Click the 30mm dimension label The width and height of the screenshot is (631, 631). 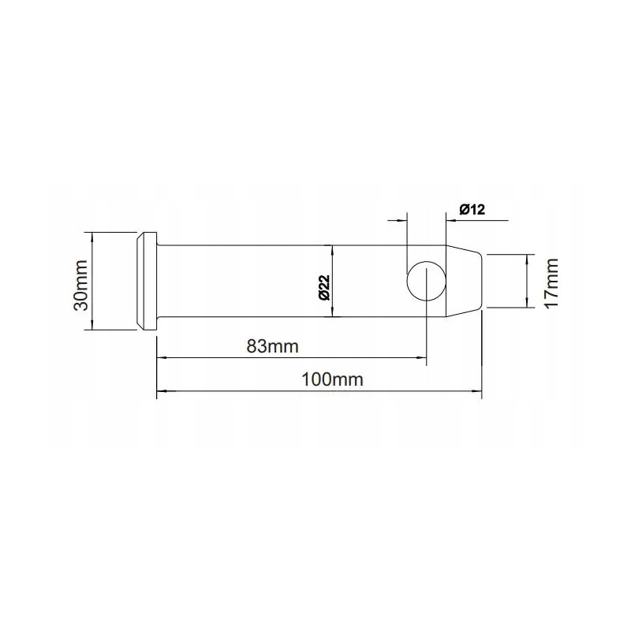pos(80,282)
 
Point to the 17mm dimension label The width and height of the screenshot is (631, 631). pos(551,282)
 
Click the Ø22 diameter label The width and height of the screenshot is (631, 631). pos(323,287)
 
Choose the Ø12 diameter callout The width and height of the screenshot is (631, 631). pos(471,208)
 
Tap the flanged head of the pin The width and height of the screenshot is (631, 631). pos(147,282)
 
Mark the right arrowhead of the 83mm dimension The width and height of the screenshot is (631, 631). pos(422,357)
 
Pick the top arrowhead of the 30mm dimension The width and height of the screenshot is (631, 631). pos(93,236)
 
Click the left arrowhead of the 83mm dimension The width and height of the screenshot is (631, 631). pos(161,357)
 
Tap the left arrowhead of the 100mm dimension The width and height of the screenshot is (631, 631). pos(161,390)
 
